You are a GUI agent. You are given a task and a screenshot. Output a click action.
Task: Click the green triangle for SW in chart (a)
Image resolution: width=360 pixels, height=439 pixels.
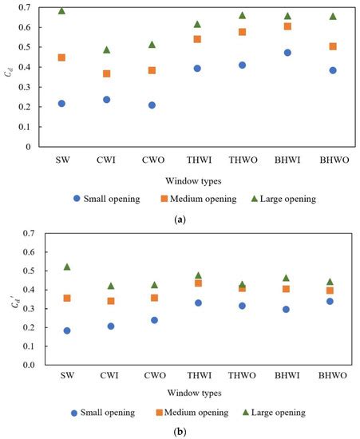61,11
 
